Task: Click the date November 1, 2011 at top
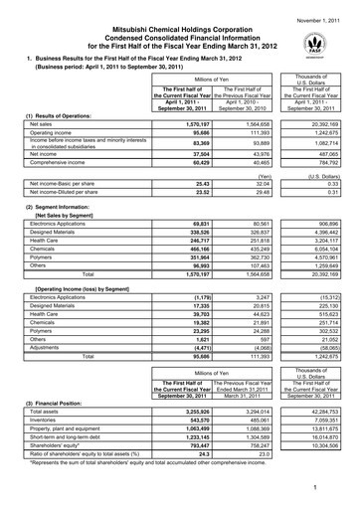click(x=320, y=8)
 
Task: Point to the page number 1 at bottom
click(x=340, y=488)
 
